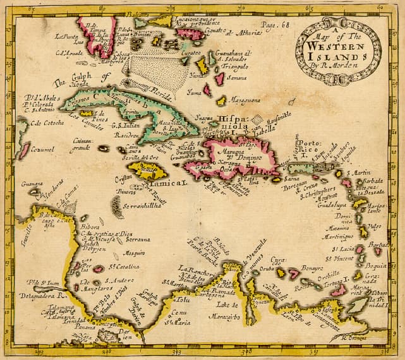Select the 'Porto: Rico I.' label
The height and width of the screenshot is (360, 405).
click(311, 148)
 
